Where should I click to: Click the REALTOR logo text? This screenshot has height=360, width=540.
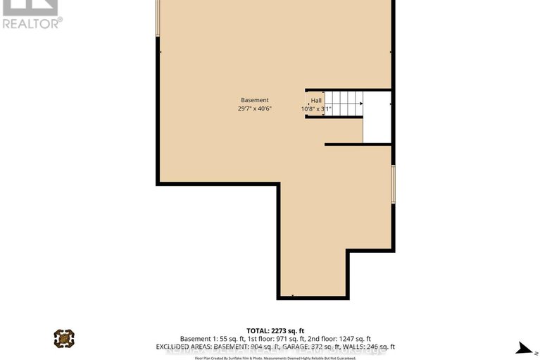click(31, 23)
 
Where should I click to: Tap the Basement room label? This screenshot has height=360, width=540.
click(254, 100)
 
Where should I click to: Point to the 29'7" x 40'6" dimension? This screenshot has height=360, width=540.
click(254, 109)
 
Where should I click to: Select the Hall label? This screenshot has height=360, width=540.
click(316, 101)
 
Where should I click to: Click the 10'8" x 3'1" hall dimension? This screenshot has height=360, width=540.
click(316, 109)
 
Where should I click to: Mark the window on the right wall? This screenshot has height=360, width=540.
click(393, 184)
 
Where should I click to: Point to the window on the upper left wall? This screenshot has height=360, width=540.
click(158, 18)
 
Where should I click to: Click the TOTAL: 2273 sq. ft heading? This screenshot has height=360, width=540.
click(275, 330)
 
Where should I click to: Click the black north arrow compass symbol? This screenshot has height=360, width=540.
click(524, 347)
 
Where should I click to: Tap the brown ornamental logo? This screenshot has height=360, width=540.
click(64, 338)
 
